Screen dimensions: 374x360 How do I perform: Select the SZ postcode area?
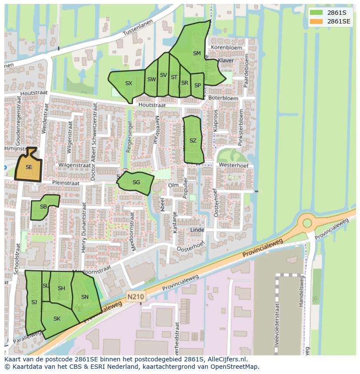coord(193,141)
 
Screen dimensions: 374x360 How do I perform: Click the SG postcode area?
coord(136,182)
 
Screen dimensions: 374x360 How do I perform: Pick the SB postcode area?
coord(43,208)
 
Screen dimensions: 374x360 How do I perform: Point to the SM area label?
coord(197,53)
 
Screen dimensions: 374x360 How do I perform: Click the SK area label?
coord(57,319)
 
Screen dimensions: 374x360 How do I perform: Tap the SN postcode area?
coord(85,298)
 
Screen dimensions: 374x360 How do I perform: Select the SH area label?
coord(61,288)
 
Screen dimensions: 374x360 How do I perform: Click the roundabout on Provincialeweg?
coord(307,223)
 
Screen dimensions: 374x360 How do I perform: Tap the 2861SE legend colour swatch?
coord(317,21)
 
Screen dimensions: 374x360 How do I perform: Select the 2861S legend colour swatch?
coord(317,12)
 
